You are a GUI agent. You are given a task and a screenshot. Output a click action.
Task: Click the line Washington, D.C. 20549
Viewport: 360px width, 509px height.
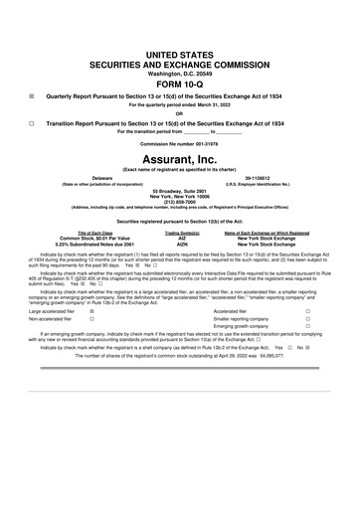tap(179, 73)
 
